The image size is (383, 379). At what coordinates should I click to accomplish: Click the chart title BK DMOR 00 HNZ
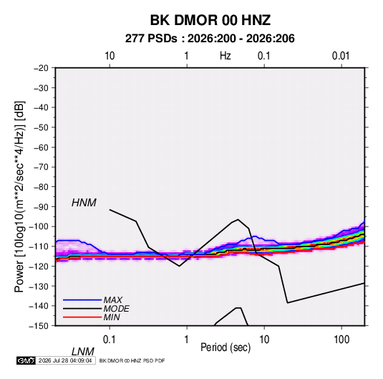point(210,20)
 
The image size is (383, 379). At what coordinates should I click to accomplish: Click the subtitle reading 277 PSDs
point(151,39)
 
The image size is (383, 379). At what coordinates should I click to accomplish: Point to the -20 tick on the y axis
point(41,68)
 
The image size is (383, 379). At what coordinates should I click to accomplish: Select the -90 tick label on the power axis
point(41,207)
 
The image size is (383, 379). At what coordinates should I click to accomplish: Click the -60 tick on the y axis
point(41,147)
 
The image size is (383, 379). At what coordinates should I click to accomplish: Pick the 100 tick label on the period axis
point(341,340)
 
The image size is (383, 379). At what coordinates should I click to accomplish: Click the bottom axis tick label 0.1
point(110,340)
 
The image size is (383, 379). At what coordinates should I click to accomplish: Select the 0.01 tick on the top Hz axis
point(341,56)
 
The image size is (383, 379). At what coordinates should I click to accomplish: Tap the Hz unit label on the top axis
point(226,56)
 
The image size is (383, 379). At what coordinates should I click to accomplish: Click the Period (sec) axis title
point(226,347)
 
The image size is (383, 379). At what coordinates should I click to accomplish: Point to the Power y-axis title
point(19,196)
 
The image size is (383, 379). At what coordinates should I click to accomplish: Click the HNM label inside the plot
point(84,203)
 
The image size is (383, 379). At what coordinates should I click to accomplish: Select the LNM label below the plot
point(83,352)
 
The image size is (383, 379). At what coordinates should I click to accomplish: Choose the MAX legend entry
point(113,300)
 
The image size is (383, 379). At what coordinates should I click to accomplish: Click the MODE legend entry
point(116,309)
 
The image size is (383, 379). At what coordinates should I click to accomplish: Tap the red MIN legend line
point(82,317)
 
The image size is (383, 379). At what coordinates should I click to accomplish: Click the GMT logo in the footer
point(26,360)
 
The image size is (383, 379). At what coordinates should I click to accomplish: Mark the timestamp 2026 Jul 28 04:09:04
point(65,360)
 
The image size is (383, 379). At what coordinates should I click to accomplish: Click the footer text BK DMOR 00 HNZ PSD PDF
point(132,360)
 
